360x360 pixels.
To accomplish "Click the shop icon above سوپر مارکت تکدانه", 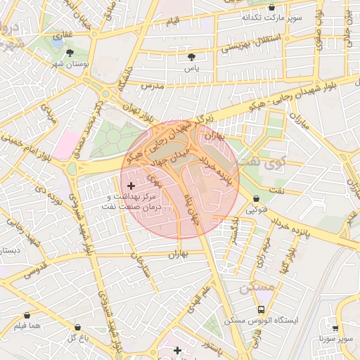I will tap(272, 6).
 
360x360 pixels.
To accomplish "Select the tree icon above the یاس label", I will tap(191, 56).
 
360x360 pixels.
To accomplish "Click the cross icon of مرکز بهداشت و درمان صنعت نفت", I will tap(131, 185).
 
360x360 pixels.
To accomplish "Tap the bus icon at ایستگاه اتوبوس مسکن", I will tap(262, 309).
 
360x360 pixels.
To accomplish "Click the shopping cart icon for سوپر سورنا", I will tap(335, 328).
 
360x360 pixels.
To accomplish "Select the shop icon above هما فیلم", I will tap(27, 316).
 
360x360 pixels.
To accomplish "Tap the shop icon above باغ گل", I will tap(77, 328).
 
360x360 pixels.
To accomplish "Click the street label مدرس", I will tap(153, 85).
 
